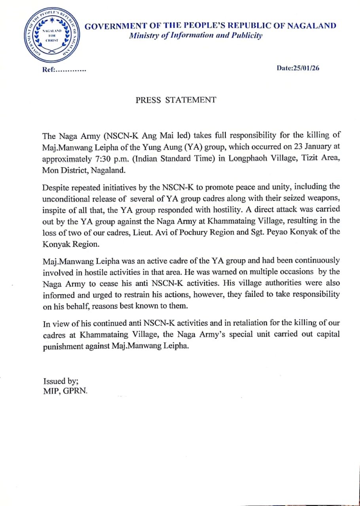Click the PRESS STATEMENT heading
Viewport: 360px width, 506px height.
(x=176, y=100)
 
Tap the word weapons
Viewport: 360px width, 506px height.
(x=320, y=198)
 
